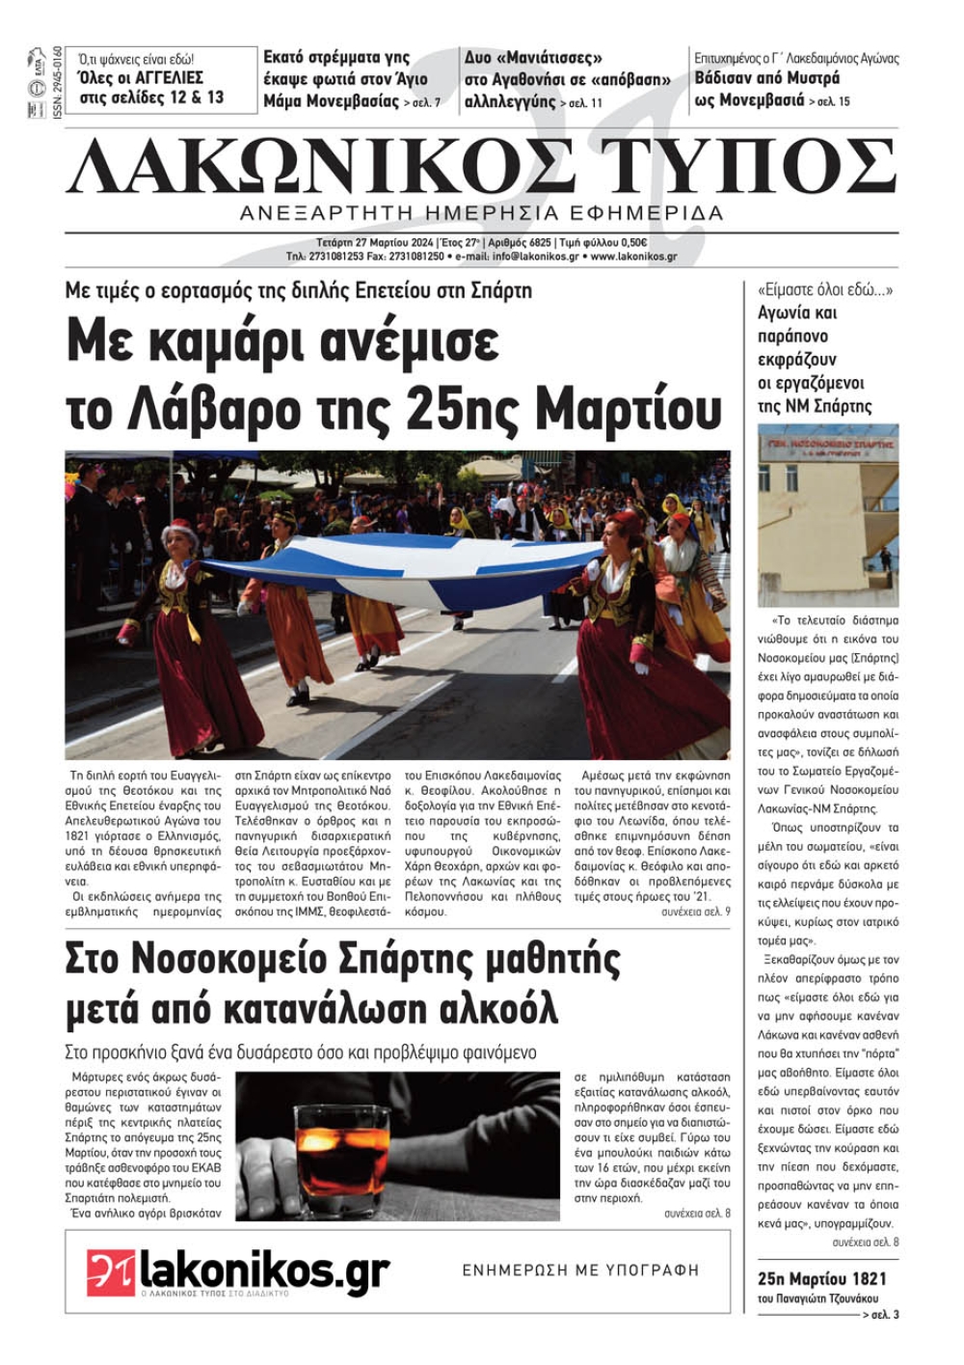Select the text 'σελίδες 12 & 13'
click(151, 97)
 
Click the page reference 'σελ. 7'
click(422, 102)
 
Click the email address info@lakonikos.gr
click(535, 257)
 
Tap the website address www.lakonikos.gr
click(633, 257)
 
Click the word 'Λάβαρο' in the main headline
click(213, 410)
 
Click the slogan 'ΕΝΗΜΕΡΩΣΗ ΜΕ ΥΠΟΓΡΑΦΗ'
click(580, 1270)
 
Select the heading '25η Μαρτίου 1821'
click(821, 1279)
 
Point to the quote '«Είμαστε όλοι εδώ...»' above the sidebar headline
click(825, 289)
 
